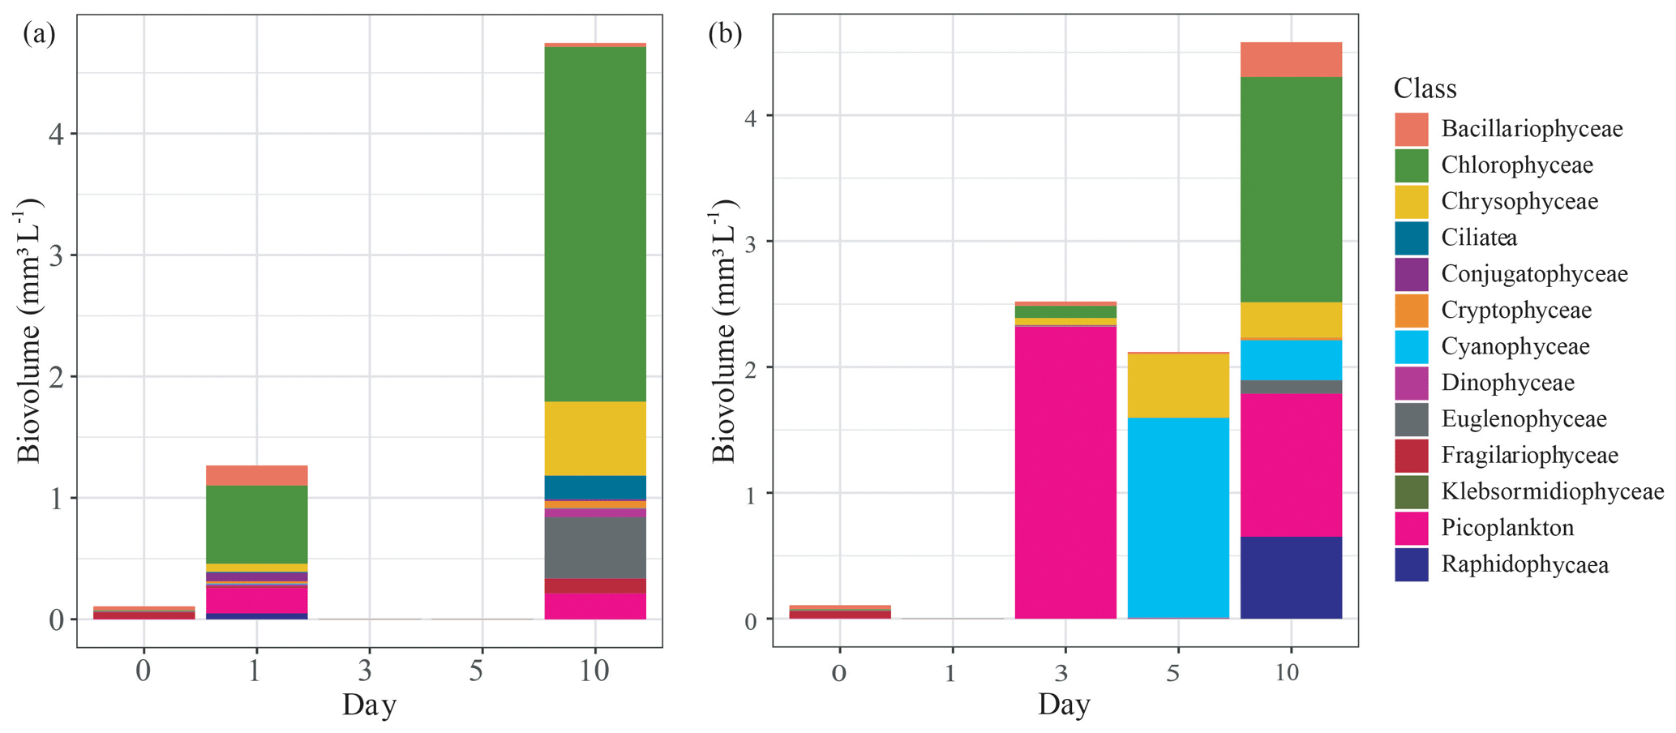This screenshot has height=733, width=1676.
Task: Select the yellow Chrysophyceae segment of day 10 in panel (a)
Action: coord(595,438)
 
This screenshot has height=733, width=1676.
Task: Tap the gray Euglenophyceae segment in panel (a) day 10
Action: coord(595,547)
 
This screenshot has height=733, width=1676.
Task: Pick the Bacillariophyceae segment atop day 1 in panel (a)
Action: coord(257,475)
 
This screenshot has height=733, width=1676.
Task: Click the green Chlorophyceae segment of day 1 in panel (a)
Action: coord(257,524)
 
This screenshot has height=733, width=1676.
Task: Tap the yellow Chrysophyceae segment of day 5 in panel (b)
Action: coord(1177,386)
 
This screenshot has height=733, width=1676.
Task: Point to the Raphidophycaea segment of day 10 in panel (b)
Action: coord(1290,577)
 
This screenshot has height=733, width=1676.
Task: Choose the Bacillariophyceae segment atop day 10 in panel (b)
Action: coord(1290,59)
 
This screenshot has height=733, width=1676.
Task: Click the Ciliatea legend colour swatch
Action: coord(1411,238)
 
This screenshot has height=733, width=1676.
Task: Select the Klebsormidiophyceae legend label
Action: coord(1552,491)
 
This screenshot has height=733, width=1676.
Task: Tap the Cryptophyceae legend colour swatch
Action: coord(1411,311)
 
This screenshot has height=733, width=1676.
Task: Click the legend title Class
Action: coord(1425,88)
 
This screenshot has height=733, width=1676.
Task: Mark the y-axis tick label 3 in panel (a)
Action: coord(56,255)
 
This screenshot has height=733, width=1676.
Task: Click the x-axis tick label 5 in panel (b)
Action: coord(1172,673)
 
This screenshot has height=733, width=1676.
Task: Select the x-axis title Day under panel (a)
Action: coord(369,705)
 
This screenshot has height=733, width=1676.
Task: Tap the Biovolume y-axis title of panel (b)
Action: coord(723,331)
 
